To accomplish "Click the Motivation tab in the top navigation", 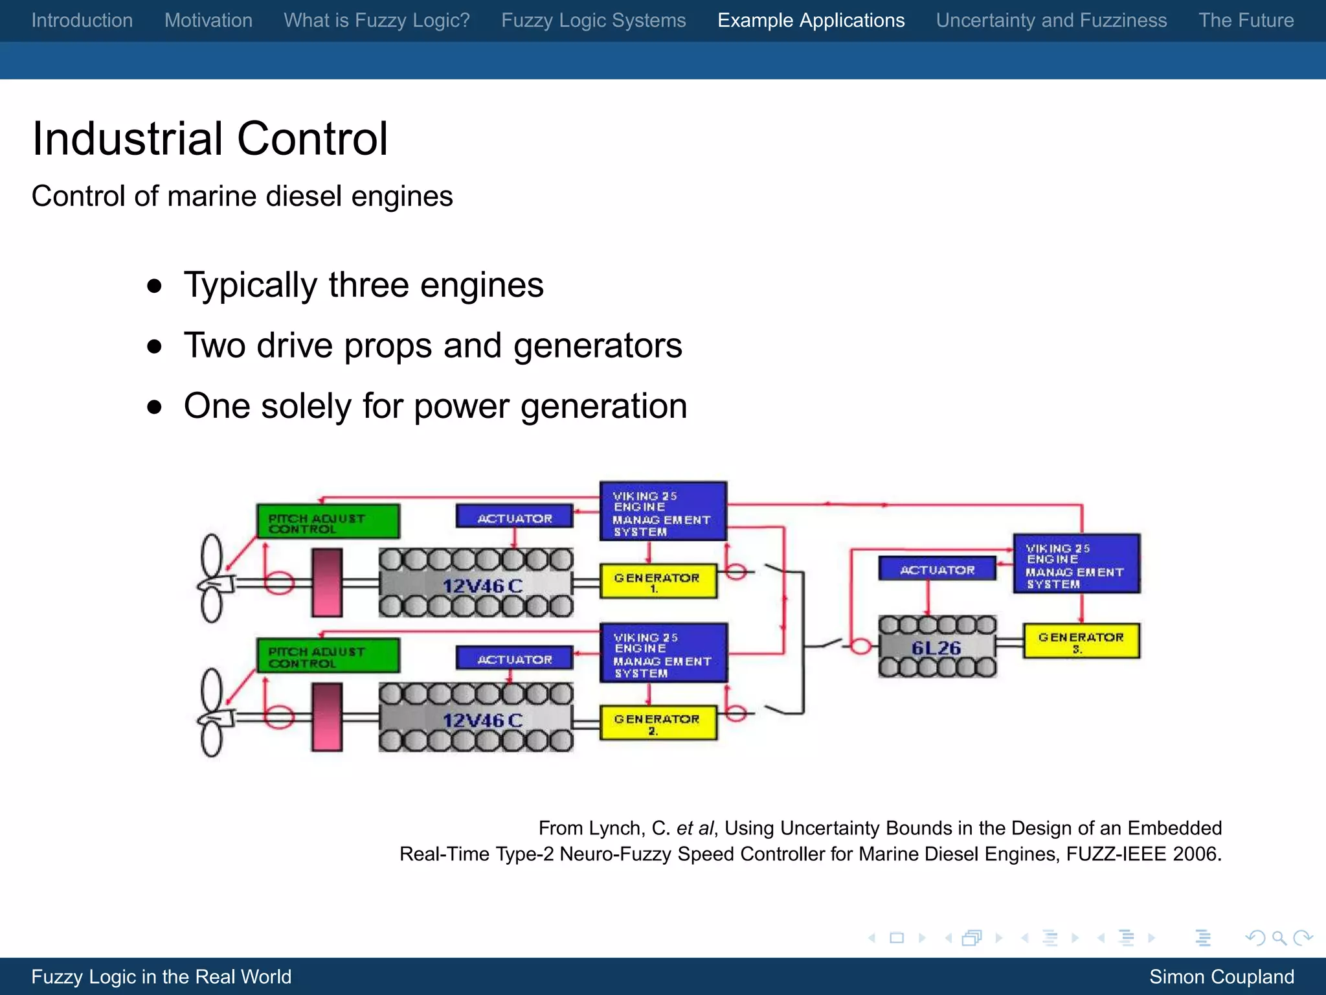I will tap(208, 20).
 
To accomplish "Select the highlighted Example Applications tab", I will tap(811, 20).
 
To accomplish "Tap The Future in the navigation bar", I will tap(1246, 20).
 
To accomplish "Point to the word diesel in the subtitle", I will tap(303, 196).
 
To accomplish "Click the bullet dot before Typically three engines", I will tap(154, 286).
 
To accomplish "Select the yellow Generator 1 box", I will tap(658, 580).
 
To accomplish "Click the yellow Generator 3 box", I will tap(1081, 641).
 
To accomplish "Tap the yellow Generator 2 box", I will tap(658, 722).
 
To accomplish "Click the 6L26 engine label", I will tap(936, 648).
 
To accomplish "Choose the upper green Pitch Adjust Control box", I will tap(328, 521).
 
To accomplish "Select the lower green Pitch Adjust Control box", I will tap(328, 656).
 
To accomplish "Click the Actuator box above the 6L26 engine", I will tap(937, 569).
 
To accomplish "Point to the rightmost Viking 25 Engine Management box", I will tap(1076, 564).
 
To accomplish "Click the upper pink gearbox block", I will tap(327, 582).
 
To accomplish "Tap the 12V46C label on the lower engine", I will tap(482, 720).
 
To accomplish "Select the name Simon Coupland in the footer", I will tap(1221, 976).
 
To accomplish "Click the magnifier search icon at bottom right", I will tap(1279, 937).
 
